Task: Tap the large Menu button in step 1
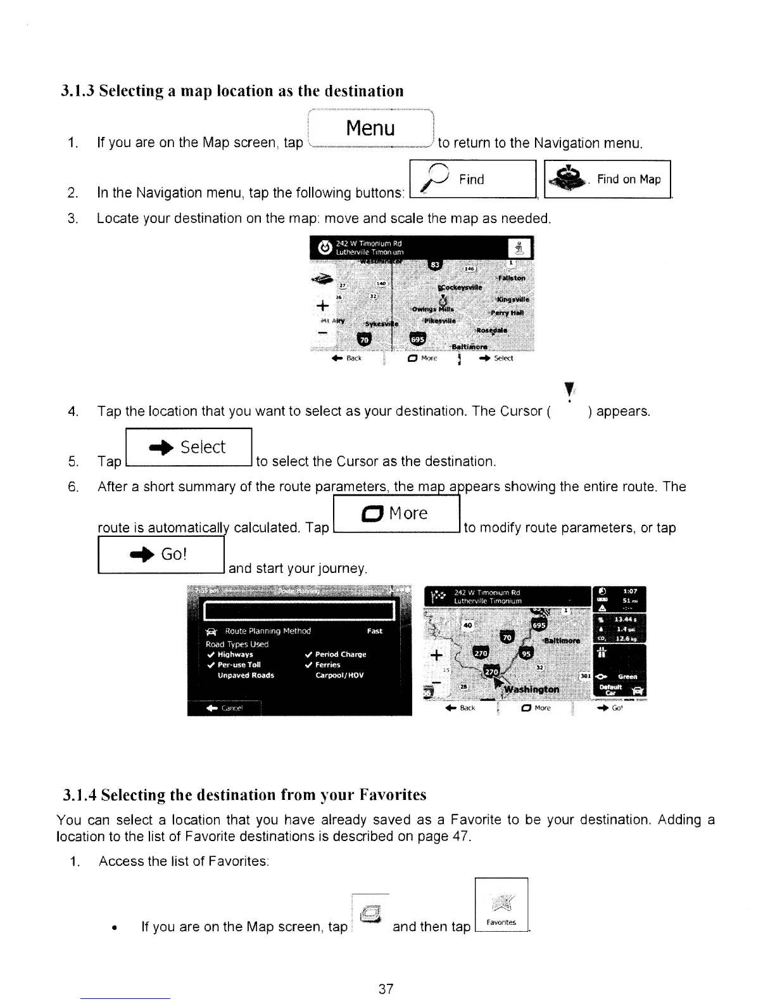(370, 129)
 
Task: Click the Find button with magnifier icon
(472, 180)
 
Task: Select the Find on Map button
(607, 180)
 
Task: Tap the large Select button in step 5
(189, 447)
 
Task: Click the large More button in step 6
(396, 513)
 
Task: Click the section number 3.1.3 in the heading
(77, 91)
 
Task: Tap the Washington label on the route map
(531, 689)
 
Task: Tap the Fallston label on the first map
(512, 278)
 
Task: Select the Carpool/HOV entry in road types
(339, 676)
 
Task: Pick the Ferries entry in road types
(327, 665)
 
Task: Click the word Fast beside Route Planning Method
(374, 631)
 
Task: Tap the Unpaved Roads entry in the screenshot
(246, 676)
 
